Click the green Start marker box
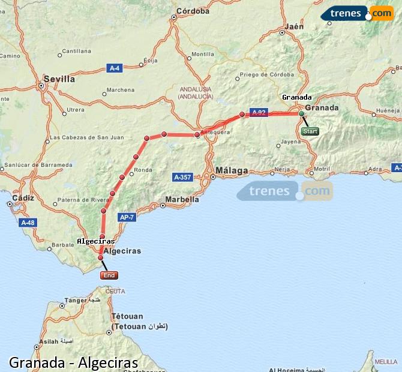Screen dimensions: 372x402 point(310,131)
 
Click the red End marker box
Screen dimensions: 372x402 point(109,275)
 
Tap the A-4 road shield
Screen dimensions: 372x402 point(115,68)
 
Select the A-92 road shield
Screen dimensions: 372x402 point(259,112)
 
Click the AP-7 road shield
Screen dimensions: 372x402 point(127,218)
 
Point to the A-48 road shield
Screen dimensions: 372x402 point(28,223)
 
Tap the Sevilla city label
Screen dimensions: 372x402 point(59,79)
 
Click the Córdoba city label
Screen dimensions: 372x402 point(193,11)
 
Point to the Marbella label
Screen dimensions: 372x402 point(183,199)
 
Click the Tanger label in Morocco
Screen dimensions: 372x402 point(76,301)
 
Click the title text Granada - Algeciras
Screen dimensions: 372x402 point(73,362)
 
